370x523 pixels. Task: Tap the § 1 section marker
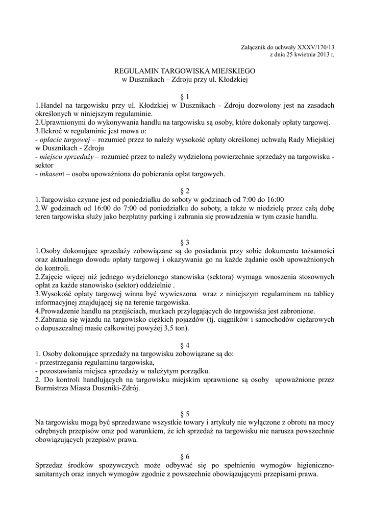185,97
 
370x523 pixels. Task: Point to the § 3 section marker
185,242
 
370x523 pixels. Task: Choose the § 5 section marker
185,413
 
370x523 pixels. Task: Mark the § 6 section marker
185,456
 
